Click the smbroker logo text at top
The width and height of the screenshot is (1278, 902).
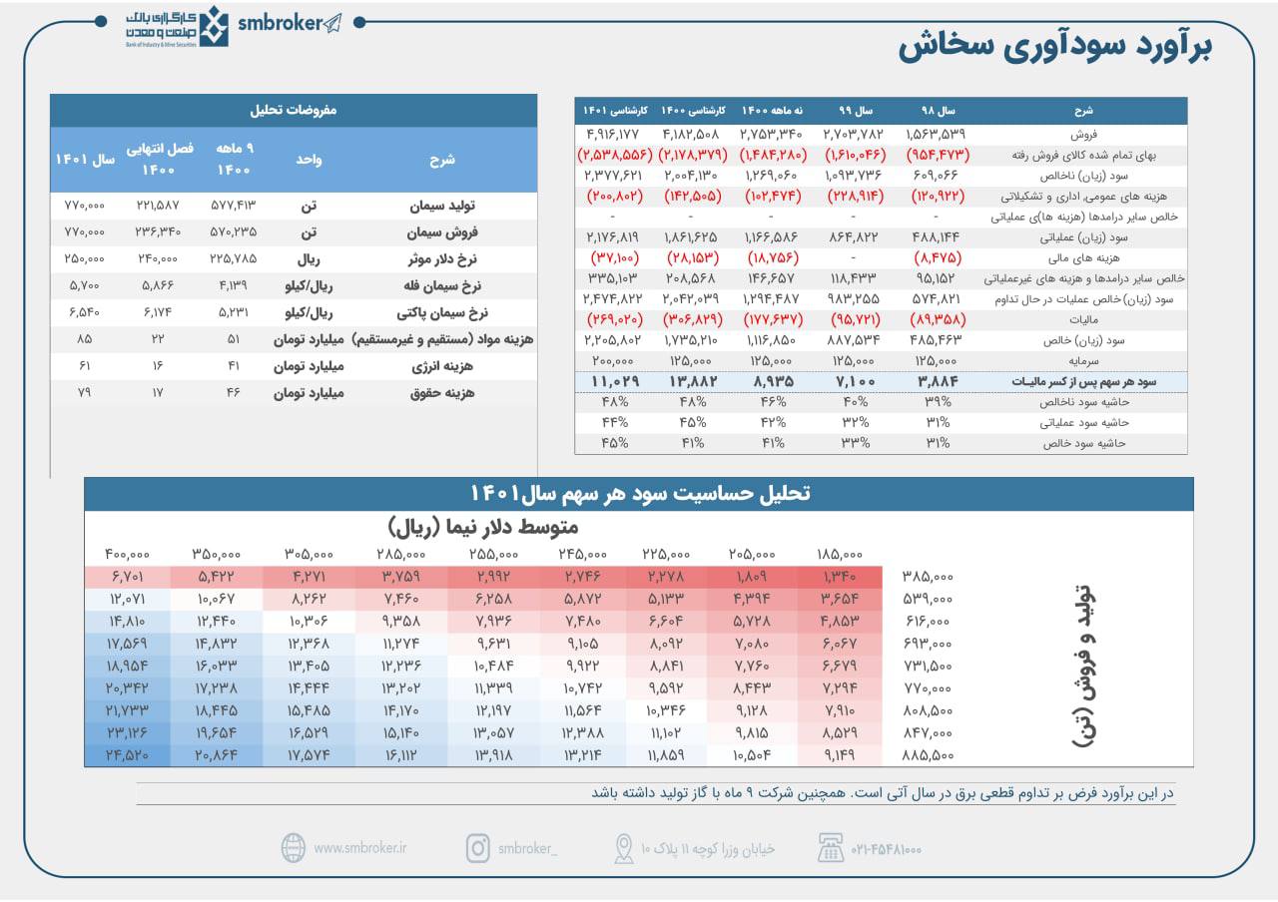coord(281,23)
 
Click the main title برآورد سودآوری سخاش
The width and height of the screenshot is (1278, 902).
coord(1055,46)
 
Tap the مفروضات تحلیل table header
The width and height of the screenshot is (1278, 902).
coord(294,110)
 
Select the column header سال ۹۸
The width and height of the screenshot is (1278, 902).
coord(938,111)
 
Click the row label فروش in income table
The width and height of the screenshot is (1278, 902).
coord(1083,135)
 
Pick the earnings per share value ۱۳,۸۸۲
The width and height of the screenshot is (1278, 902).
coord(693,381)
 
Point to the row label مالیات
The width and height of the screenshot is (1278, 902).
coord(1083,320)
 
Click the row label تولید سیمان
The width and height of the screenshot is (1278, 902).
coord(442,206)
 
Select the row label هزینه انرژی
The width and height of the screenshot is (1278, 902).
coord(442,366)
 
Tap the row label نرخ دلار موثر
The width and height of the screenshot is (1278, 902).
coord(442,259)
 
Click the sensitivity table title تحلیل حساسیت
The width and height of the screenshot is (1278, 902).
coord(640,494)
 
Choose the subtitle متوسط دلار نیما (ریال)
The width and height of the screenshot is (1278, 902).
coord(482,527)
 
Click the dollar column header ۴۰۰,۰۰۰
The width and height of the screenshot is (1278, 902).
coord(127,554)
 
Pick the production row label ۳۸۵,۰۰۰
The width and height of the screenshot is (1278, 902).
coord(928,577)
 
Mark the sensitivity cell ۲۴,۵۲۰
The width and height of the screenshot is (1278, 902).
coord(127,755)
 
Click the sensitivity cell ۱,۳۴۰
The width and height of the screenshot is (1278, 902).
coord(840,577)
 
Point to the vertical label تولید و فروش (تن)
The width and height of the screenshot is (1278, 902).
coord(1084,666)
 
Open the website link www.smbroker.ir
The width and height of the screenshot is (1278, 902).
coord(360,848)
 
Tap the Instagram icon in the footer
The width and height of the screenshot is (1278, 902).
coord(478,848)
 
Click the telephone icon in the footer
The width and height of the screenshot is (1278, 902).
coord(830,848)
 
